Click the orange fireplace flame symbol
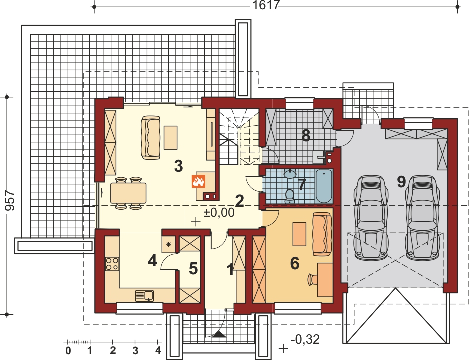(x=198, y=181)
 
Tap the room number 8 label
(x=306, y=136)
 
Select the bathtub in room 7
(x=324, y=186)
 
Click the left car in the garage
(x=371, y=217)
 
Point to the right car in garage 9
(x=422, y=217)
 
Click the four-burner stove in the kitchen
(x=112, y=264)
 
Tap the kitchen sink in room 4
(x=144, y=295)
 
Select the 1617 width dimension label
(x=266, y=5)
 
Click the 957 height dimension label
(x=10, y=200)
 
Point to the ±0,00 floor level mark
(x=219, y=212)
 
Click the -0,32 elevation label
(x=305, y=339)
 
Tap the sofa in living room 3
(x=151, y=137)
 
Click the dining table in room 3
(x=128, y=193)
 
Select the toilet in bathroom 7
(x=289, y=196)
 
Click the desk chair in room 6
(x=312, y=279)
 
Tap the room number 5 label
(x=193, y=268)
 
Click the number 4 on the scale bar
(x=158, y=350)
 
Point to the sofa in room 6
(x=322, y=234)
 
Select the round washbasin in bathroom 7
(x=290, y=173)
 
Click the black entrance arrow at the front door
(x=220, y=334)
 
